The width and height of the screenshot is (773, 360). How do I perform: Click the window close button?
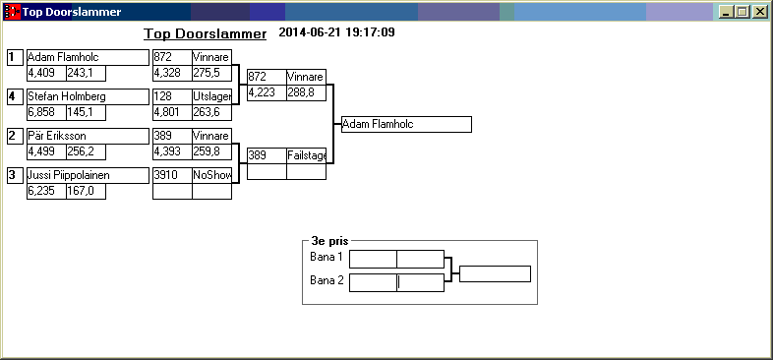tap(758, 12)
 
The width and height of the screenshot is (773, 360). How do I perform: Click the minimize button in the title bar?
tap(726, 12)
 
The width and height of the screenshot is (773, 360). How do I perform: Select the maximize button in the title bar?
tap(742, 12)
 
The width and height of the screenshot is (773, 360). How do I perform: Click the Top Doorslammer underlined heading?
tap(206, 34)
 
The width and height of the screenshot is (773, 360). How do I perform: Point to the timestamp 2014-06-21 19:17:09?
tap(336, 32)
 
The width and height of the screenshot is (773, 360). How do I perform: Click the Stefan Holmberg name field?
tap(88, 96)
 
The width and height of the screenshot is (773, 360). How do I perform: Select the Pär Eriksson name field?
tap(88, 136)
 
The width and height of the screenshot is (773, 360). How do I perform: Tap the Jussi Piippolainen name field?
tap(88, 175)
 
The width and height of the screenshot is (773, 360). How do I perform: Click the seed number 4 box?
tap(16, 96)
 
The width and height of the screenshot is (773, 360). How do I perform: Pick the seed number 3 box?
tap(16, 175)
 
